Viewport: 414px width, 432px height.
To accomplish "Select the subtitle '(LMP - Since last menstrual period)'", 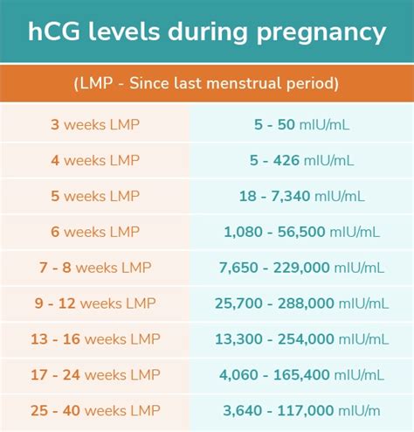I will pyautogui.click(x=206, y=84).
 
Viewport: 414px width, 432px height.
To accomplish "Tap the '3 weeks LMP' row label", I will pyautogui.click(x=94, y=125).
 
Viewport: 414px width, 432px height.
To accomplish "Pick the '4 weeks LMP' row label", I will pyautogui.click(x=94, y=161).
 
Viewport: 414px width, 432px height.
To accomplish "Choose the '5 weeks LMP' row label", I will pyautogui.click(x=94, y=197).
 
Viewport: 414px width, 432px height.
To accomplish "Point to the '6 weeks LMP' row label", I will pyautogui.click(x=94, y=232).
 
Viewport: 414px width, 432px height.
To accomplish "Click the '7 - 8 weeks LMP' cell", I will pyautogui.click(x=94, y=268).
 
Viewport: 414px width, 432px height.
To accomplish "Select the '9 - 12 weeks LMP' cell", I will pyautogui.click(x=94, y=303).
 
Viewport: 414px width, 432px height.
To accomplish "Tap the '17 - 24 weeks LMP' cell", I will pyautogui.click(x=94, y=374).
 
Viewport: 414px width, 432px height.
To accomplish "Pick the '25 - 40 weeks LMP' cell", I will pyautogui.click(x=94, y=410).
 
